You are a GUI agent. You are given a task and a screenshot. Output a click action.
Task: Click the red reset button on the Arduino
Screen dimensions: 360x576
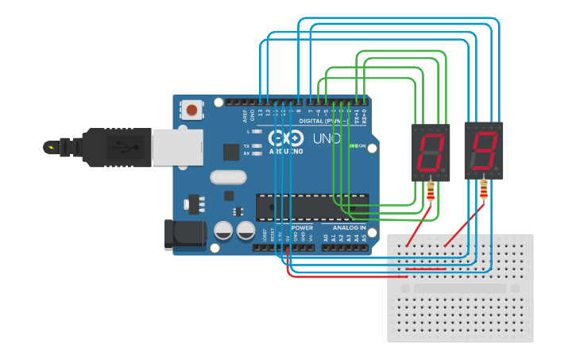coord(191,110)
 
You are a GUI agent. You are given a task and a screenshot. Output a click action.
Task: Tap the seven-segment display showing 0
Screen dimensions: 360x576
coord(431,152)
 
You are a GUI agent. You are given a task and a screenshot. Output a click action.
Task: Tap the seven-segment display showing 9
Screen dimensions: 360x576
coord(484,150)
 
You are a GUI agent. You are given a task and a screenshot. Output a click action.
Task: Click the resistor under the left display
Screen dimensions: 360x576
coord(431,192)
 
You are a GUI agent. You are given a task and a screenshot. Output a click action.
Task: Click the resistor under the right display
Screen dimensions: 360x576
coord(484,188)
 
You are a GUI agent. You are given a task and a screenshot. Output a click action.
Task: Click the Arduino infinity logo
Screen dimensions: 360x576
coord(285,137)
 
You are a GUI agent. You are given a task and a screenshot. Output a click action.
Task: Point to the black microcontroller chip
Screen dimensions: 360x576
coord(311,207)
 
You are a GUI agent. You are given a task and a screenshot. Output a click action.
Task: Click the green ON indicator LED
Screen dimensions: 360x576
coord(353,146)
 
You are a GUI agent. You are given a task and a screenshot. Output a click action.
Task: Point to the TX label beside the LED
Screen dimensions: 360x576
coord(247,146)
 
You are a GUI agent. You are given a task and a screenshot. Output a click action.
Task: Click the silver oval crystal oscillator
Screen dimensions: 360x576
coord(229,177)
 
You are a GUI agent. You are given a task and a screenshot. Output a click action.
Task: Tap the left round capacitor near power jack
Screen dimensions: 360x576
coord(224,231)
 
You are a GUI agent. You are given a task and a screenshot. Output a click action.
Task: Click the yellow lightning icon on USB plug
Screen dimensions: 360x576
coord(52,147)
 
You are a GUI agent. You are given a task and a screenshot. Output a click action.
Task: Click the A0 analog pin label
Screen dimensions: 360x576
coord(325,237)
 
